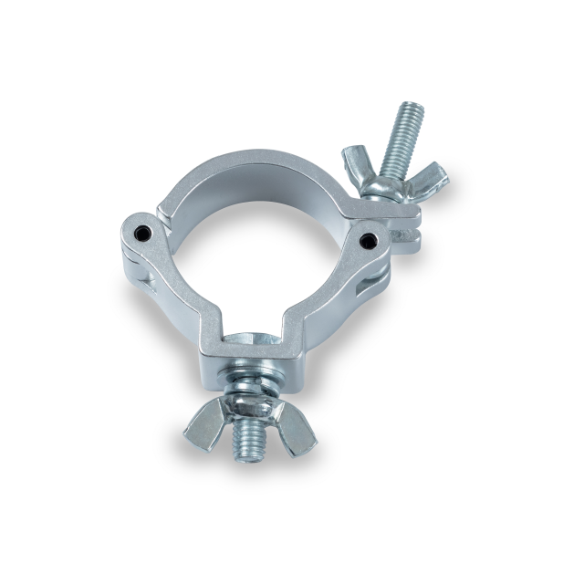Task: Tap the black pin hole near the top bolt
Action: pos(369,240)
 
